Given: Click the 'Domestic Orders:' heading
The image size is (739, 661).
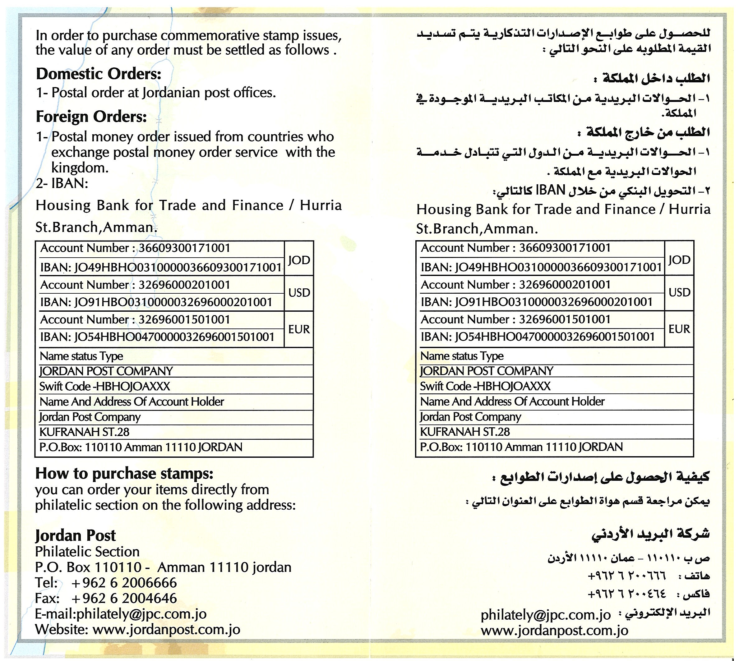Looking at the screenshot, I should pyautogui.click(x=99, y=74).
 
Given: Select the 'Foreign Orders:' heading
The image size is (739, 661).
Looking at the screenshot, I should pyautogui.click(x=91, y=117).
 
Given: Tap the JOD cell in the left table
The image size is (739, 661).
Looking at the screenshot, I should pyautogui.click(x=299, y=260).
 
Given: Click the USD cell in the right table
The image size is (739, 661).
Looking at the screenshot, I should pyautogui.click(x=679, y=292).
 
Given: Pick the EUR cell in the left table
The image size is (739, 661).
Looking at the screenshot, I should pyautogui.click(x=299, y=329).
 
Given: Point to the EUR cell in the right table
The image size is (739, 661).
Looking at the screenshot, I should pyautogui.click(x=679, y=329).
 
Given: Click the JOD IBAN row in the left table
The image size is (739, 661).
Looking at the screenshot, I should pyautogui.click(x=161, y=268).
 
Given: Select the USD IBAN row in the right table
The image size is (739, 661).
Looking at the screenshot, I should pyautogui.click(x=537, y=302).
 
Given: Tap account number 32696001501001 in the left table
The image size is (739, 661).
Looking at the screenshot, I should pyautogui.click(x=184, y=319).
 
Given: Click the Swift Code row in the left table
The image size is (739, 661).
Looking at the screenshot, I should pyautogui.click(x=105, y=386).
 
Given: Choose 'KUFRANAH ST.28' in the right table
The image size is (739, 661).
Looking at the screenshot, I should pyautogui.click(x=465, y=432).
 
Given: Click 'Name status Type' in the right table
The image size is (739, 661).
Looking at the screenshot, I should pyautogui.click(x=462, y=356).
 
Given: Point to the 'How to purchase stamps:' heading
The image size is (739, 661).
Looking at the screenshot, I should pyautogui.click(x=124, y=474).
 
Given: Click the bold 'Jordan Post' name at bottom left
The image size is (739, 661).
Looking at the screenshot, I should pyautogui.click(x=75, y=535).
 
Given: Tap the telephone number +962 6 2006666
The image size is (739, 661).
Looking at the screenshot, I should pyautogui.click(x=124, y=583).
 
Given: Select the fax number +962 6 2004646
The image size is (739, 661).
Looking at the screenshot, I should pyautogui.click(x=124, y=599).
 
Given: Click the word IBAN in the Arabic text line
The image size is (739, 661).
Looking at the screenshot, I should pyautogui.click(x=551, y=190).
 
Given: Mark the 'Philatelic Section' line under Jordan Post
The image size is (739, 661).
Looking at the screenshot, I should pyautogui.click(x=87, y=552).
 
